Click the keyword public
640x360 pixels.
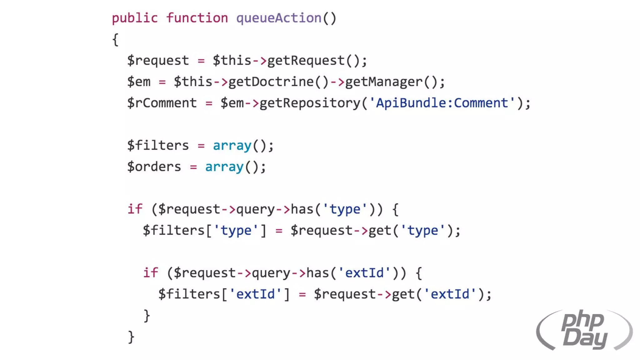[x=135, y=18]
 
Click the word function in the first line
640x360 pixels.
[x=197, y=18]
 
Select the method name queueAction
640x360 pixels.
[x=279, y=18]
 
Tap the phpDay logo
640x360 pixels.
[x=584, y=330]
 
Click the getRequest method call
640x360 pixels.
[x=306, y=61]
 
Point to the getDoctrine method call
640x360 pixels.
[x=271, y=82]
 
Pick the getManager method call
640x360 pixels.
[x=384, y=82]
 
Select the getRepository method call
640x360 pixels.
[x=310, y=103]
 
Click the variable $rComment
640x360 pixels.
[x=162, y=103]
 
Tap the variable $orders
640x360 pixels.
[x=154, y=167]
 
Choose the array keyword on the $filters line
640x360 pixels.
[x=232, y=146]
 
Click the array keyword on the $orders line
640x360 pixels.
[x=224, y=167]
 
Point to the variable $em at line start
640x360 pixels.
[x=139, y=82]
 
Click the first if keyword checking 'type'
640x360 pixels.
[x=135, y=209]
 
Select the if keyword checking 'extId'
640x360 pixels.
[x=150, y=273]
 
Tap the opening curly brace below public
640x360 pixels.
[x=115, y=40]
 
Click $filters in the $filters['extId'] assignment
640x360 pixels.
[x=189, y=294]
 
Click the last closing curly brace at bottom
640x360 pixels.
[x=131, y=337]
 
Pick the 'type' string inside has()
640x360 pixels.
[x=345, y=209]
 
